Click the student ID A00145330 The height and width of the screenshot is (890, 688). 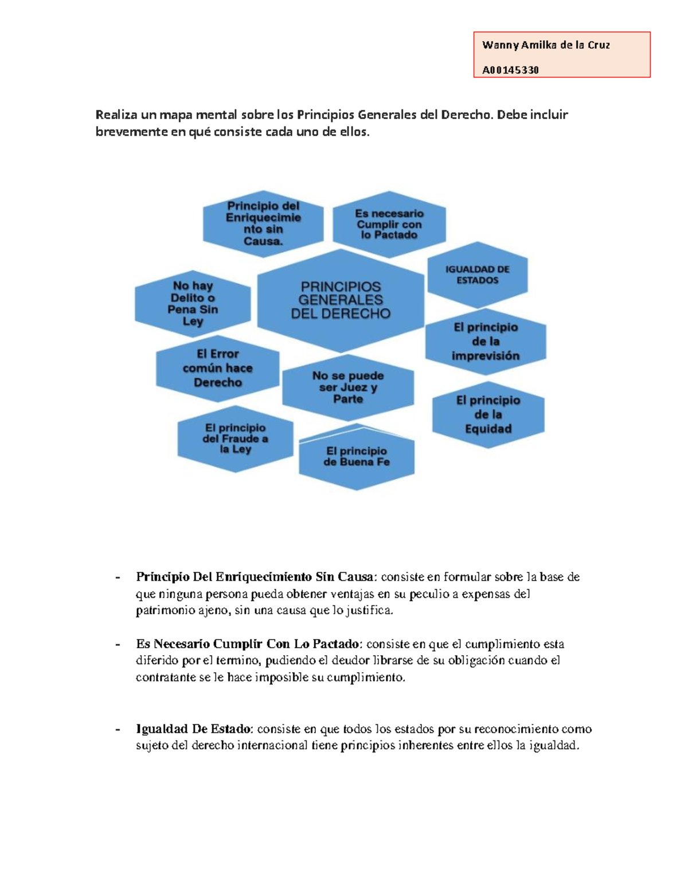point(510,70)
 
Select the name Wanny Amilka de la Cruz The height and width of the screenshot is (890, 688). point(546,45)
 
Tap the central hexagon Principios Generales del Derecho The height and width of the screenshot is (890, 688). point(341,300)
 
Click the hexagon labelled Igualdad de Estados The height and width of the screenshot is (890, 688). point(478,275)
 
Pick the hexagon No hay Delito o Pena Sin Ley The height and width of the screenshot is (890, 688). point(193,303)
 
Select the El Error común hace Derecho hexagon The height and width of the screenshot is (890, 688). point(218,368)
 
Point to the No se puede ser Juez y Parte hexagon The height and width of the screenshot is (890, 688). point(348,387)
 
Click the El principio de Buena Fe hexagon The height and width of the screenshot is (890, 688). point(357,457)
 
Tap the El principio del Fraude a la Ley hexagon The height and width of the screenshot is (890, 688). point(235,438)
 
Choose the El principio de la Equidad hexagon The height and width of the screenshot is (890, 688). point(488,414)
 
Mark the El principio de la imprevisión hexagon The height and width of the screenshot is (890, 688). point(486,342)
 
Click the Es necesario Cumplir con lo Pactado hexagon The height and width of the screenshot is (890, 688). point(389,224)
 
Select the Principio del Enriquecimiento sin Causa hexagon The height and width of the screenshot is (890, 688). point(263,224)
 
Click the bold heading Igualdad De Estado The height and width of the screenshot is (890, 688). point(194,729)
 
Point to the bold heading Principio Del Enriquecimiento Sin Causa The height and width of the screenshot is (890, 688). point(255,577)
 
